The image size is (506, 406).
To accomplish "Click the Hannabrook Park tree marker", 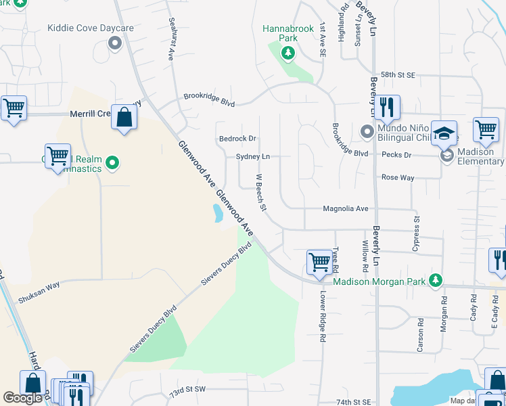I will click(289, 52).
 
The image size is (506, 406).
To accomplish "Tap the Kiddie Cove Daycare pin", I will click(114, 44).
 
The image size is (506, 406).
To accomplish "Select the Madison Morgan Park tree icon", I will click(436, 279).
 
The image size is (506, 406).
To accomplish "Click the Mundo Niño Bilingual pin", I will click(367, 131).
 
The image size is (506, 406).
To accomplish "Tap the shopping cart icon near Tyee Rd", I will click(319, 262).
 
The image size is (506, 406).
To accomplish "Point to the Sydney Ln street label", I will click(252, 156).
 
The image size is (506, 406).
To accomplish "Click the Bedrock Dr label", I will click(237, 139).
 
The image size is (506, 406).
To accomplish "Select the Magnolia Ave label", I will click(345, 208).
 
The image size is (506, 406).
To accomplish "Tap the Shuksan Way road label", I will click(39, 286).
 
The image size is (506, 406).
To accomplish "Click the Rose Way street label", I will click(397, 177).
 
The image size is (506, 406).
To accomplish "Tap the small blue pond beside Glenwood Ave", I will click(218, 214).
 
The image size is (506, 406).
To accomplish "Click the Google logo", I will click(23, 398).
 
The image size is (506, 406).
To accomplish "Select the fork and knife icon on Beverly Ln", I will click(388, 108).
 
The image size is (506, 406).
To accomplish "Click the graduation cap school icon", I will click(444, 133).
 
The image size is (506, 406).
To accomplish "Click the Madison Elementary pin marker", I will click(446, 156).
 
